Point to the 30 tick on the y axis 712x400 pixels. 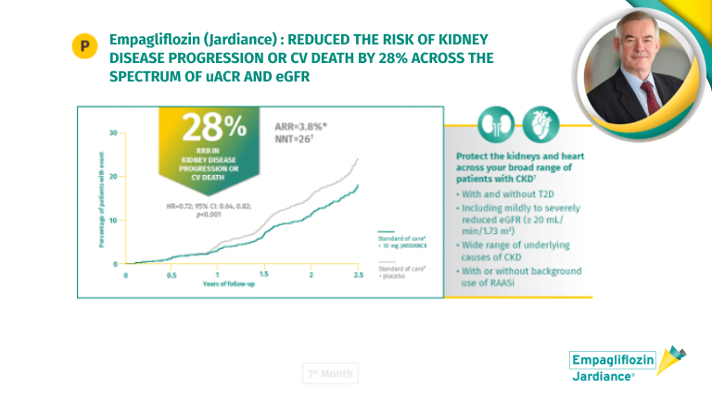[x=113, y=132]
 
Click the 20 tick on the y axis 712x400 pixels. [x=113, y=176]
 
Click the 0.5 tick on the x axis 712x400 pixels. [x=172, y=275]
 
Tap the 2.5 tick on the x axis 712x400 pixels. [x=357, y=275]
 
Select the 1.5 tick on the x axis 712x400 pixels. [x=264, y=275]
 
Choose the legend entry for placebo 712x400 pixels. [x=400, y=270]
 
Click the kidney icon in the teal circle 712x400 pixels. [x=496, y=125]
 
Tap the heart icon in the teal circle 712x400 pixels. [x=540, y=125]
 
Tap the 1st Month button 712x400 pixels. [x=329, y=374]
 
